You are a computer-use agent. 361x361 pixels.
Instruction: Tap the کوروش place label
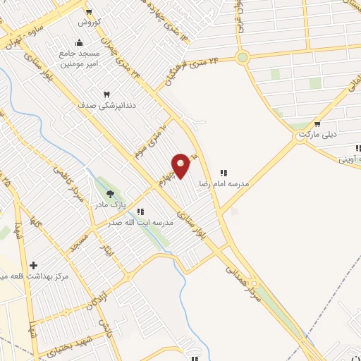90,23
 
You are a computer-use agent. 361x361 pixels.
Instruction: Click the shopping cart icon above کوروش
89,12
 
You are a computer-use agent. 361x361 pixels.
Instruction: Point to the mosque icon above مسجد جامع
79,42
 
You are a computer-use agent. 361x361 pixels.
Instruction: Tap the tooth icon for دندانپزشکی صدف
107,94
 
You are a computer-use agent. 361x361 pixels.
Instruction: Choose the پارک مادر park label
110,205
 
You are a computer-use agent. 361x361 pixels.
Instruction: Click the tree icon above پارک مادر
109,194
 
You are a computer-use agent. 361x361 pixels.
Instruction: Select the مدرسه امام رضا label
225,183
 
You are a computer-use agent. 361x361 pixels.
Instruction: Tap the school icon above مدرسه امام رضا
224,172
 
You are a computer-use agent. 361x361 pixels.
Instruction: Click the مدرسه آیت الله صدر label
141,223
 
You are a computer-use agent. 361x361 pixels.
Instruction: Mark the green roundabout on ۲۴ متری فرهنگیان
243,58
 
